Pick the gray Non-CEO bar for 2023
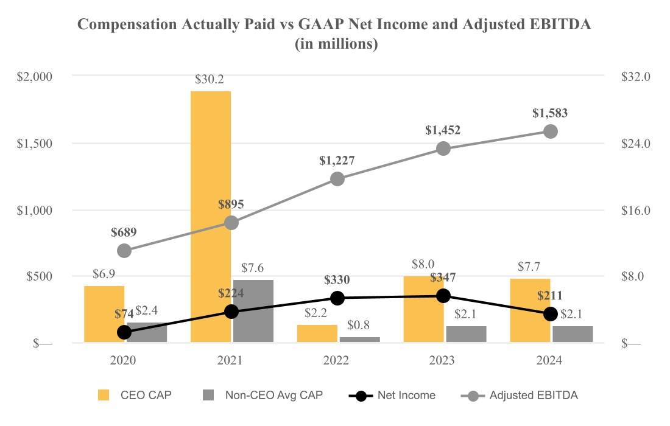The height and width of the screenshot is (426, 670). (x=466, y=334)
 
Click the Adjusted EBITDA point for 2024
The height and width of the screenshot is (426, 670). (x=550, y=131)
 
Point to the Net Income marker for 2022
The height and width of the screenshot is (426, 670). (x=337, y=298)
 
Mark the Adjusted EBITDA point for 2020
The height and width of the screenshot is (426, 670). (x=124, y=251)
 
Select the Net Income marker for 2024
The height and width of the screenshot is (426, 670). (x=550, y=313)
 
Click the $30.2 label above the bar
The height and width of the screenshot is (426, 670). (x=210, y=79)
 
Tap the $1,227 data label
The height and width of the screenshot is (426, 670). (x=337, y=161)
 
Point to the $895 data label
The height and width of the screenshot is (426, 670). (x=231, y=204)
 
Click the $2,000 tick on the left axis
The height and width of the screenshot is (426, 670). (x=35, y=77)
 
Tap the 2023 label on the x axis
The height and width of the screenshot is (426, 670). (x=443, y=360)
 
